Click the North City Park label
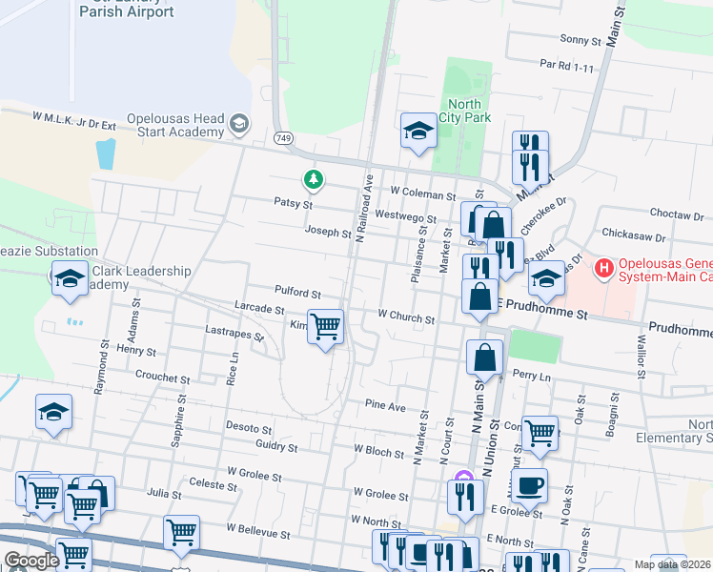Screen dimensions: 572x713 pos(462,112)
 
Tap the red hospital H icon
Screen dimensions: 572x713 pos(602,269)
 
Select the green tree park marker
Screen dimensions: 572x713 pos(312,178)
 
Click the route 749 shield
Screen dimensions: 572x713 pos(285,139)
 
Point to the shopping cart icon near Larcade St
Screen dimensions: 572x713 pos(326,327)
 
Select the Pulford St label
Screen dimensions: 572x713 pos(297,295)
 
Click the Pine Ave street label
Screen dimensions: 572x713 pos(385,406)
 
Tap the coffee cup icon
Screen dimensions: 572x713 pos(529,485)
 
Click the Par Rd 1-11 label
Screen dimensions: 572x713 pos(566,67)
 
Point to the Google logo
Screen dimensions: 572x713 pos(31,561)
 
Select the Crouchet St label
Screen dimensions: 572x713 pos(163,378)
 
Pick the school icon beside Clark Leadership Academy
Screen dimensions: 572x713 pos(70,278)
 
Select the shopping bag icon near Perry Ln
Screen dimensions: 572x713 pos(485,358)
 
